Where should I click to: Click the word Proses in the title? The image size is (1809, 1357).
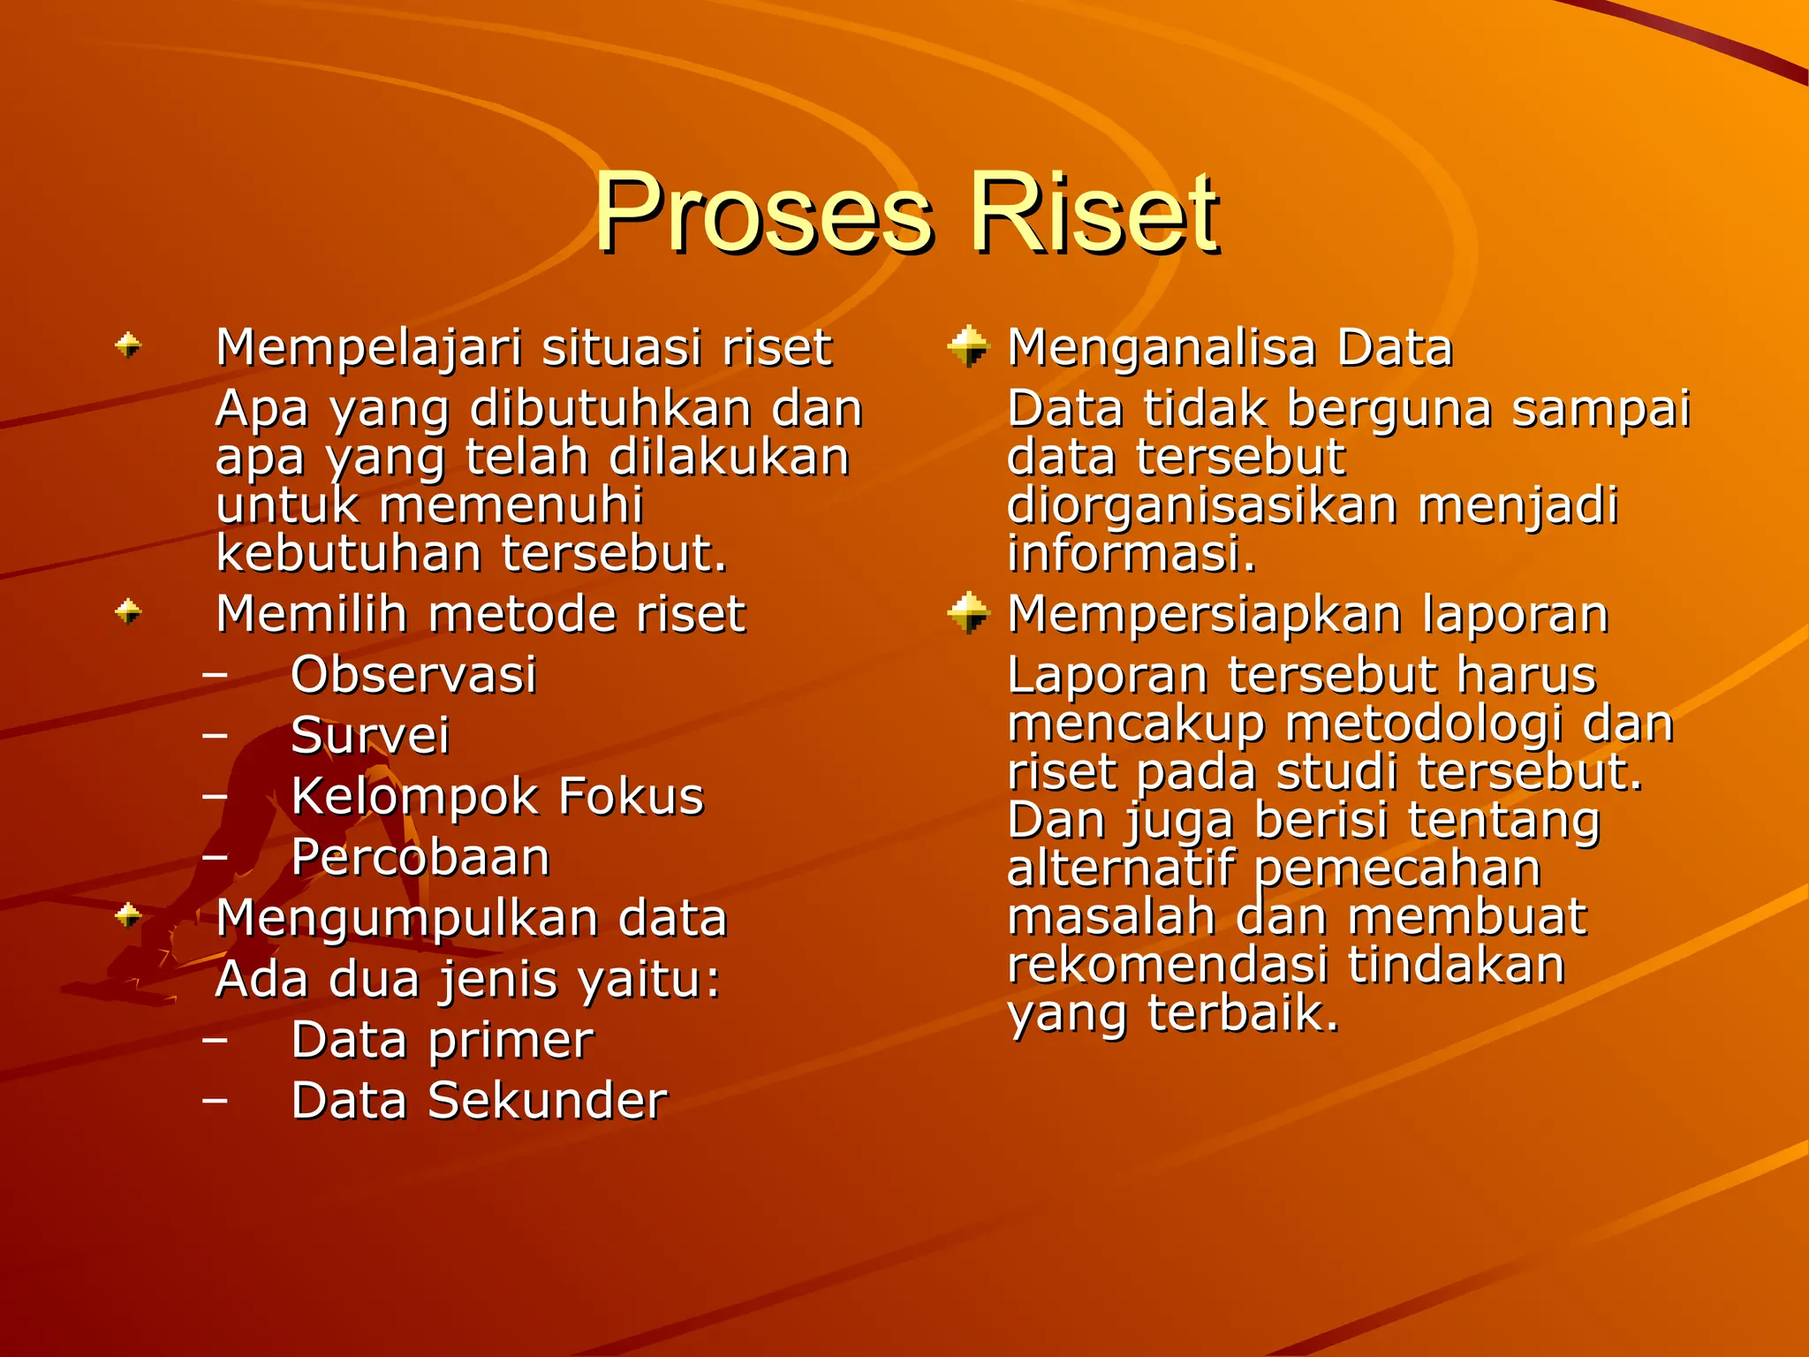(x=764, y=214)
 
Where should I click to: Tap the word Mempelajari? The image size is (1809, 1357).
(x=371, y=347)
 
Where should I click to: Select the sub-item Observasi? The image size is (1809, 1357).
(x=413, y=675)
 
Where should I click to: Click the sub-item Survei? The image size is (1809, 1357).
(x=370, y=736)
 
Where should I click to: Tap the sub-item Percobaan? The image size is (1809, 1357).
(x=420, y=857)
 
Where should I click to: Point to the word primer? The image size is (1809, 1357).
(x=511, y=1040)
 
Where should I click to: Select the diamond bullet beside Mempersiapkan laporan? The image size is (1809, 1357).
(x=968, y=612)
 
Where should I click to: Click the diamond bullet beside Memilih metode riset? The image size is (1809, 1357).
(x=129, y=611)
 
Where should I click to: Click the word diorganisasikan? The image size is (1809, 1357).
(x=1202, y=506)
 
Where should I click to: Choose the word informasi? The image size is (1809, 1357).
(x=1131, y=555)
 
